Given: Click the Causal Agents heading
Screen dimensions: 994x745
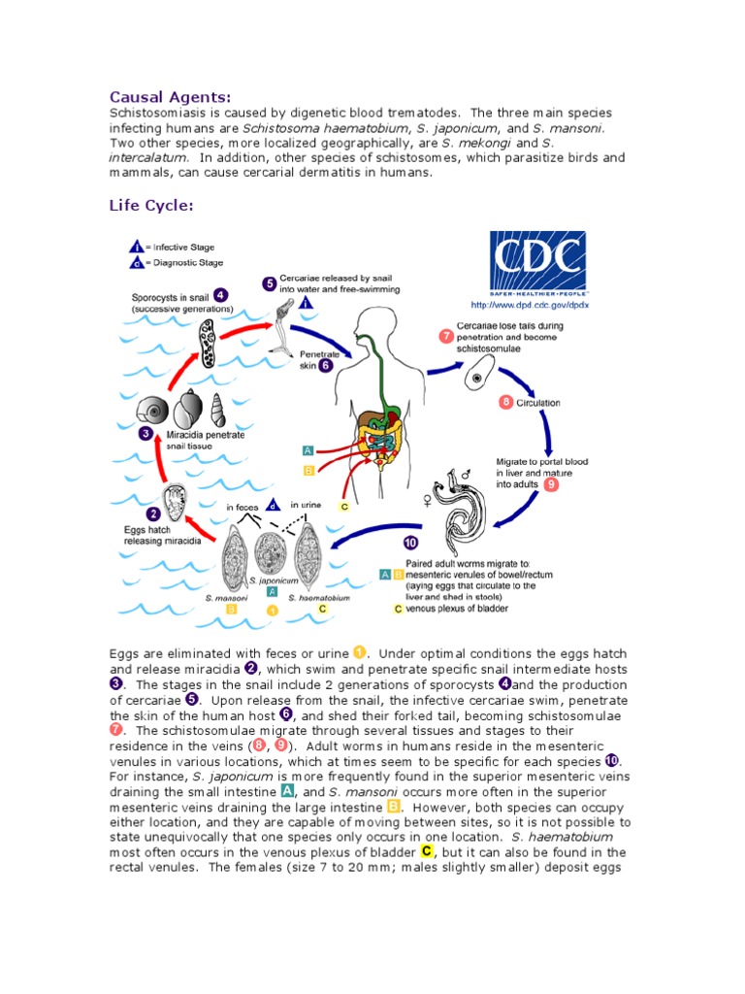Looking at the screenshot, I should pos(170,96).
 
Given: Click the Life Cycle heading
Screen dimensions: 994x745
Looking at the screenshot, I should pos(151,206).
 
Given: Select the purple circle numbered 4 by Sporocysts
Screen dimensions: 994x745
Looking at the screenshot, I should pos(221,295).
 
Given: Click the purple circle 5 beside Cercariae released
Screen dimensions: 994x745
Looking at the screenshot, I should pos(269,283).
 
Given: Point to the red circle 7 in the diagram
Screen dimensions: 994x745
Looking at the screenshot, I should pos(445,337).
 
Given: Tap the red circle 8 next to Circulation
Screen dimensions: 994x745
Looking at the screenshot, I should pos(505,402).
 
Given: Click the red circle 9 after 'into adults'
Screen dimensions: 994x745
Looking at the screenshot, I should pos(551,483).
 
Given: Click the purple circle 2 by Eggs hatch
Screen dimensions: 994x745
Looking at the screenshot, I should pos(152,514).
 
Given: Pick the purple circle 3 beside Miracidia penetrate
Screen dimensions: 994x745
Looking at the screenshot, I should pos(145,434).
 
